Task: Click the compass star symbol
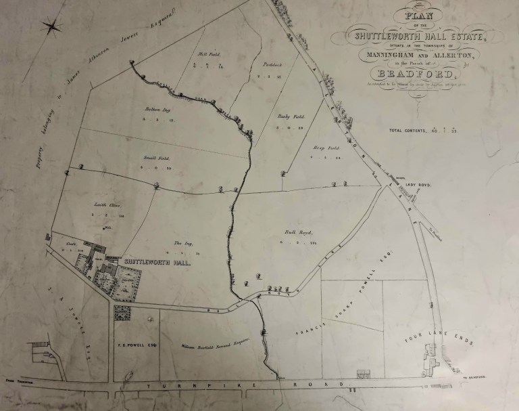pos(51,27)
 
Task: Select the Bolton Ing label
pos(155,109)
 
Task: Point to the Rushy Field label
pos(288,116)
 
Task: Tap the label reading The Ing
pos(179,243)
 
